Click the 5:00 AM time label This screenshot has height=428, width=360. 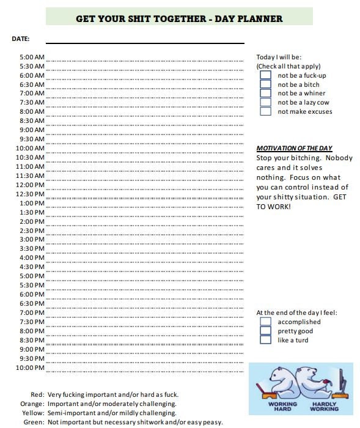click(32, 57)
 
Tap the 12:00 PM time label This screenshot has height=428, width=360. click(30, 185)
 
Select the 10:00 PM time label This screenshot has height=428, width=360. click(30, 367)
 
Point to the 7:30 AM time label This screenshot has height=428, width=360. click(32, 103)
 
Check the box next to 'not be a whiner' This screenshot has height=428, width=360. click(265, 94)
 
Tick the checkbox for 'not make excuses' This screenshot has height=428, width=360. click(265, 112)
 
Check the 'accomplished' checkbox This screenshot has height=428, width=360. click(265, 322)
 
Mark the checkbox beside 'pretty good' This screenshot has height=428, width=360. click(265, 331)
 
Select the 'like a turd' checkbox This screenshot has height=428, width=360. click(265, 340)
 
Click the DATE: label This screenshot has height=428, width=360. click(20, 39)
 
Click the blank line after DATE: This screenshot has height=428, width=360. click(145, 42)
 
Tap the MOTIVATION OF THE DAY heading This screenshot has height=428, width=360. click(294, 148)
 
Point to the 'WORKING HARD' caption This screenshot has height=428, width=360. click(282, 406)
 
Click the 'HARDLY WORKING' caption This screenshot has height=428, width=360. click(325, 406)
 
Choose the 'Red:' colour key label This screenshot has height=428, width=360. click(37, 394)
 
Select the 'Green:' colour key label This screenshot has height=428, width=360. click(34, 422)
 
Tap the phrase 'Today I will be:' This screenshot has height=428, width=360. click(279, 57)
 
